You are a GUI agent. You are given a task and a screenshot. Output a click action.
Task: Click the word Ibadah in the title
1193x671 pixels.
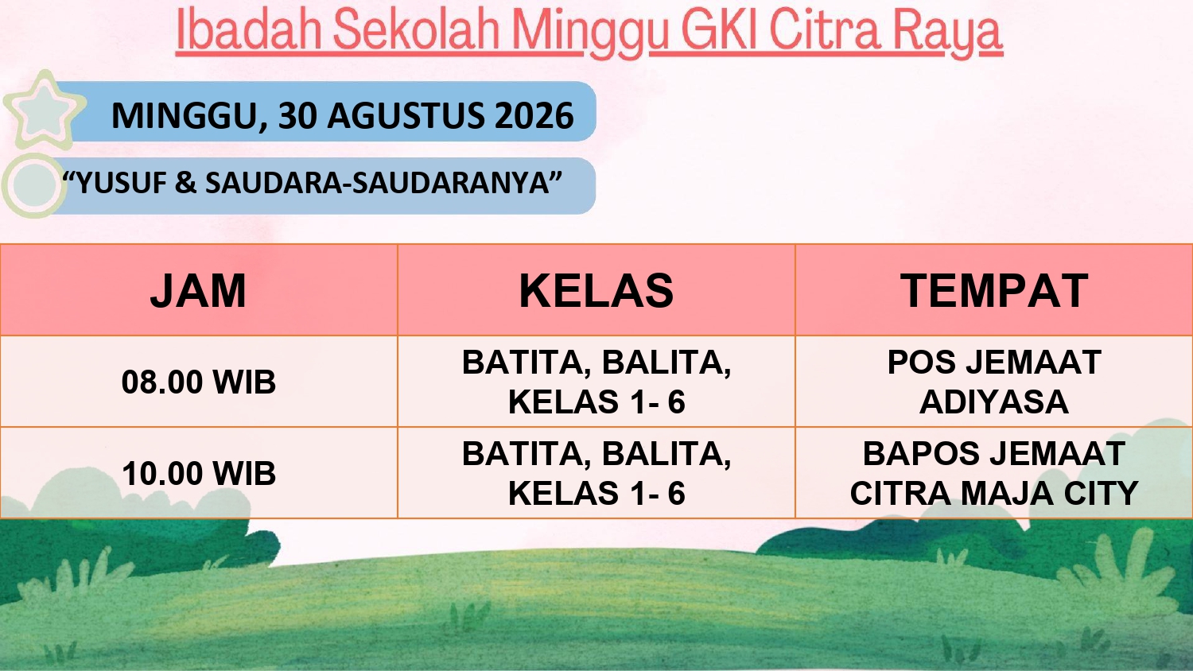[249, 30]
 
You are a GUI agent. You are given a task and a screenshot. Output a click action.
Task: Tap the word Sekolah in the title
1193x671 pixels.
[417, 30]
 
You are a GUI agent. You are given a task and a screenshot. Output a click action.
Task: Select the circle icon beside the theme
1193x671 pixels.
[33, 185]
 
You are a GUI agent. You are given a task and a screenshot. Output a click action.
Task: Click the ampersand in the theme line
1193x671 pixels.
[186, 183]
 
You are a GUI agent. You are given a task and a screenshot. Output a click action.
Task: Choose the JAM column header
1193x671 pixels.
[198, 291]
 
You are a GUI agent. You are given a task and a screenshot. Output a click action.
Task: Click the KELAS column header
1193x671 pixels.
[596, 291]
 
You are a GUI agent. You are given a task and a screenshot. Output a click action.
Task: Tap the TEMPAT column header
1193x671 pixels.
[994, 291]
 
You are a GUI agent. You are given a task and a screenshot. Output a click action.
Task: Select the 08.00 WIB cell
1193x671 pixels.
[199, 382]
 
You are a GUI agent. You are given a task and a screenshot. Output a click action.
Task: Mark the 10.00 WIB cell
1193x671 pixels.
[199, 473]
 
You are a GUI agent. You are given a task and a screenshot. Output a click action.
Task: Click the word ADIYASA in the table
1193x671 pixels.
[994, 401]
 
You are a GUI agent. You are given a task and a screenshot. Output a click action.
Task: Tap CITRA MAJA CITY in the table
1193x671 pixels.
[994, 493]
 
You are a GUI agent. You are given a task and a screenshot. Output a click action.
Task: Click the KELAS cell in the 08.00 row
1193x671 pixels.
[596, 382]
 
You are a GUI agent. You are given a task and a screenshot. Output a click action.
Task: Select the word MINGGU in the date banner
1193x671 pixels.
[185, 115]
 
